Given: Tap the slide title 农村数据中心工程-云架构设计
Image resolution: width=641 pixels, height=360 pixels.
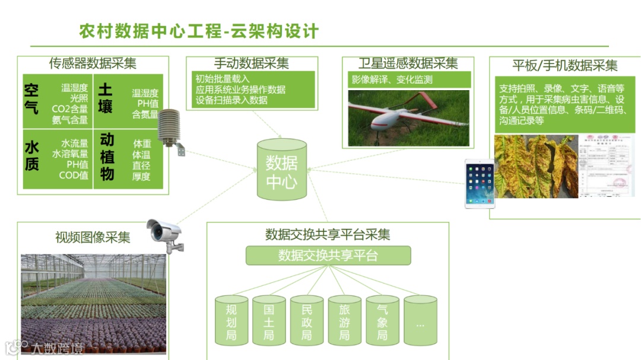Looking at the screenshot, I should (199, 31).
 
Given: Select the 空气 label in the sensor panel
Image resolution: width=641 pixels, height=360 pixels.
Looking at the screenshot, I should (31, 98).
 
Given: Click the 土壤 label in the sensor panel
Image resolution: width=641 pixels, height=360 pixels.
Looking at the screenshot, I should (105, 98).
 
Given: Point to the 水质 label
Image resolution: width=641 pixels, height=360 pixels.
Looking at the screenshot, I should (31, 155).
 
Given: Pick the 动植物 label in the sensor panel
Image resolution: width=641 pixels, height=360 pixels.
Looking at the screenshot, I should (107, 157).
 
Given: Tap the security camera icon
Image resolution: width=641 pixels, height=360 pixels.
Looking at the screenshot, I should (164, 233).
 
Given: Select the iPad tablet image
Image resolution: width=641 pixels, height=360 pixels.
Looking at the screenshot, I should (480, 183).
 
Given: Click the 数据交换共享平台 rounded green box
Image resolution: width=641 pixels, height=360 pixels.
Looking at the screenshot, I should (328, 256).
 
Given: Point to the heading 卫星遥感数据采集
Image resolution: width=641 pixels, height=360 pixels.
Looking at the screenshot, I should (408, 63).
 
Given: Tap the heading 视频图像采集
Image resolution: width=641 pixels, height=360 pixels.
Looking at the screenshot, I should (93, 237).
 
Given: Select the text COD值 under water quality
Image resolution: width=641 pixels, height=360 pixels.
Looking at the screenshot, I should (74, 176).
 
